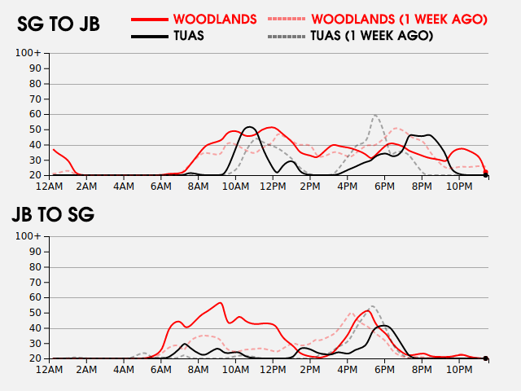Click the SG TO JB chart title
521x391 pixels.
(59, 24)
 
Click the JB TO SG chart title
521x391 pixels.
(53, 215)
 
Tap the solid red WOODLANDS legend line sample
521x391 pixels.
(151, 18)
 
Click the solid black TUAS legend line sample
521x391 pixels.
(151, 36)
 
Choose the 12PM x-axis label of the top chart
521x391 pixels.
(274, 187)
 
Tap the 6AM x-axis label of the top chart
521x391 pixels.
(162, 187)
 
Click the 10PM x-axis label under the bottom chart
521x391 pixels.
(459, 370)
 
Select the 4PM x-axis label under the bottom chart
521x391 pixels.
(348, 370)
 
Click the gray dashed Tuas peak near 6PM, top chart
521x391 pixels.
(374, 115)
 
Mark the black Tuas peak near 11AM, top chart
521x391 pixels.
(249, 127)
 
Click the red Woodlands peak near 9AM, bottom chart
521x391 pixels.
(221, 302)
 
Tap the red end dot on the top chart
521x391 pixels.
(486, 172)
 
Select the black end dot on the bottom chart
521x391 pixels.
(486, 358)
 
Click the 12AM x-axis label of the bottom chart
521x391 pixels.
(50, 370)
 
